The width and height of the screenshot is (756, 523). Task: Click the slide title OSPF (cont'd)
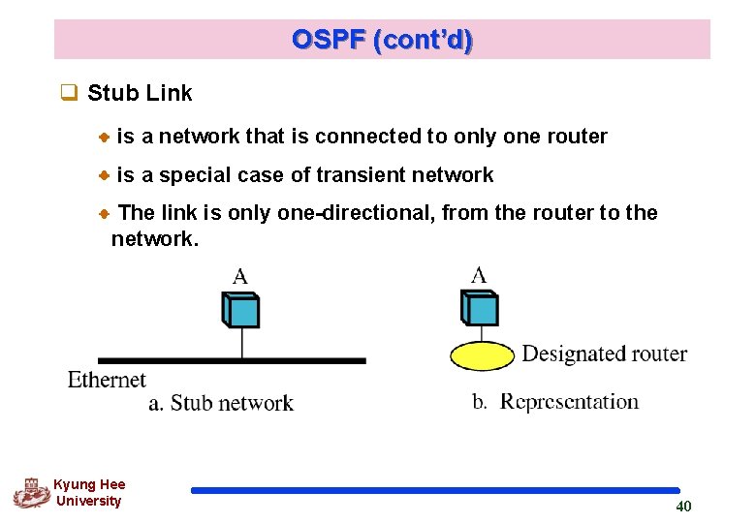click(x=382, y=40)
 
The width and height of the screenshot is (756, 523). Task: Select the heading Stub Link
click(x=140, y=93)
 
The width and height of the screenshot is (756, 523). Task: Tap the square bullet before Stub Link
click(x=68, y=94)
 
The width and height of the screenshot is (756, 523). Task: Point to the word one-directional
click(x=356, y=213)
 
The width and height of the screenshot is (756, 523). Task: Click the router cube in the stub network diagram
click(x=240, y=311)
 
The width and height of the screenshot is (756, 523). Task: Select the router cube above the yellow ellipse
click(x=480, y=309)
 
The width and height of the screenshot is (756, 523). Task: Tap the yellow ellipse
click(x=482, y=355)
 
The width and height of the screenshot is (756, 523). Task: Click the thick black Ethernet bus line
click(x=232, y=360)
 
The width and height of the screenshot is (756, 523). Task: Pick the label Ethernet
click(x=107, y=379)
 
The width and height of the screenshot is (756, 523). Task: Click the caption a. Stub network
click(x=221, y=403)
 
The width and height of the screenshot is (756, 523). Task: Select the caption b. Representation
click(x=555, y=402)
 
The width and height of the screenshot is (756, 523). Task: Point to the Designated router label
click(x=604, y=354)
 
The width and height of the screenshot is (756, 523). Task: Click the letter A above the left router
click(x=239, y=277)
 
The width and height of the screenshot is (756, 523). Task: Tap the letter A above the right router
click(x=479, y=275)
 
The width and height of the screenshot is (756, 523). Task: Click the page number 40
click(x=683, y=506)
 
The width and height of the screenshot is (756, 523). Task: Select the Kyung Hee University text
click(x=89, y=493)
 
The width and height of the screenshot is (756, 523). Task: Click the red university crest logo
click(x=31, y=493)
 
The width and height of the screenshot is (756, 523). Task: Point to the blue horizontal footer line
click(x=435, y=490)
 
